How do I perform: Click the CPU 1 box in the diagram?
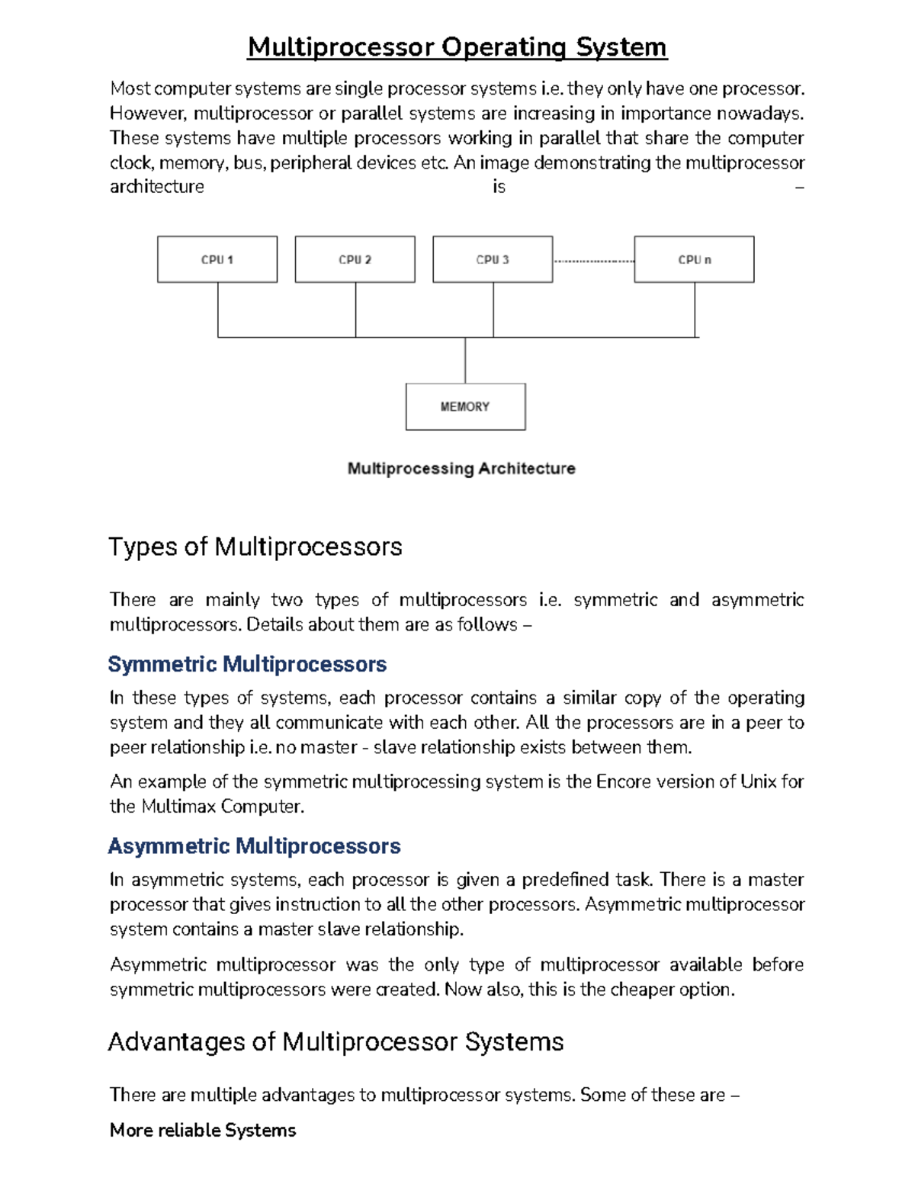(217, 259)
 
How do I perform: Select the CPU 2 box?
(355, 259)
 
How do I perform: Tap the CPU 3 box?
(493, 259)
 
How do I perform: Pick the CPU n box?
(694, 259)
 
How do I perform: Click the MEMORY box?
(465, 406)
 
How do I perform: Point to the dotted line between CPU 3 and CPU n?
(593, 261)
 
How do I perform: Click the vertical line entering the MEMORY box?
(465, 360)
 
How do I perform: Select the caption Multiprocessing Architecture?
(461, 468)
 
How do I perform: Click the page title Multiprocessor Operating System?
(457, 47)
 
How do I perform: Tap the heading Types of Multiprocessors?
(255, 547)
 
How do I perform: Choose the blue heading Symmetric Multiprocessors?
(247, 664)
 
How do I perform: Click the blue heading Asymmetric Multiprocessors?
(254, 845)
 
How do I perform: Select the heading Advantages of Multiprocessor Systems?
(335, 1041)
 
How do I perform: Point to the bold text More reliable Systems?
(203, 1130)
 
